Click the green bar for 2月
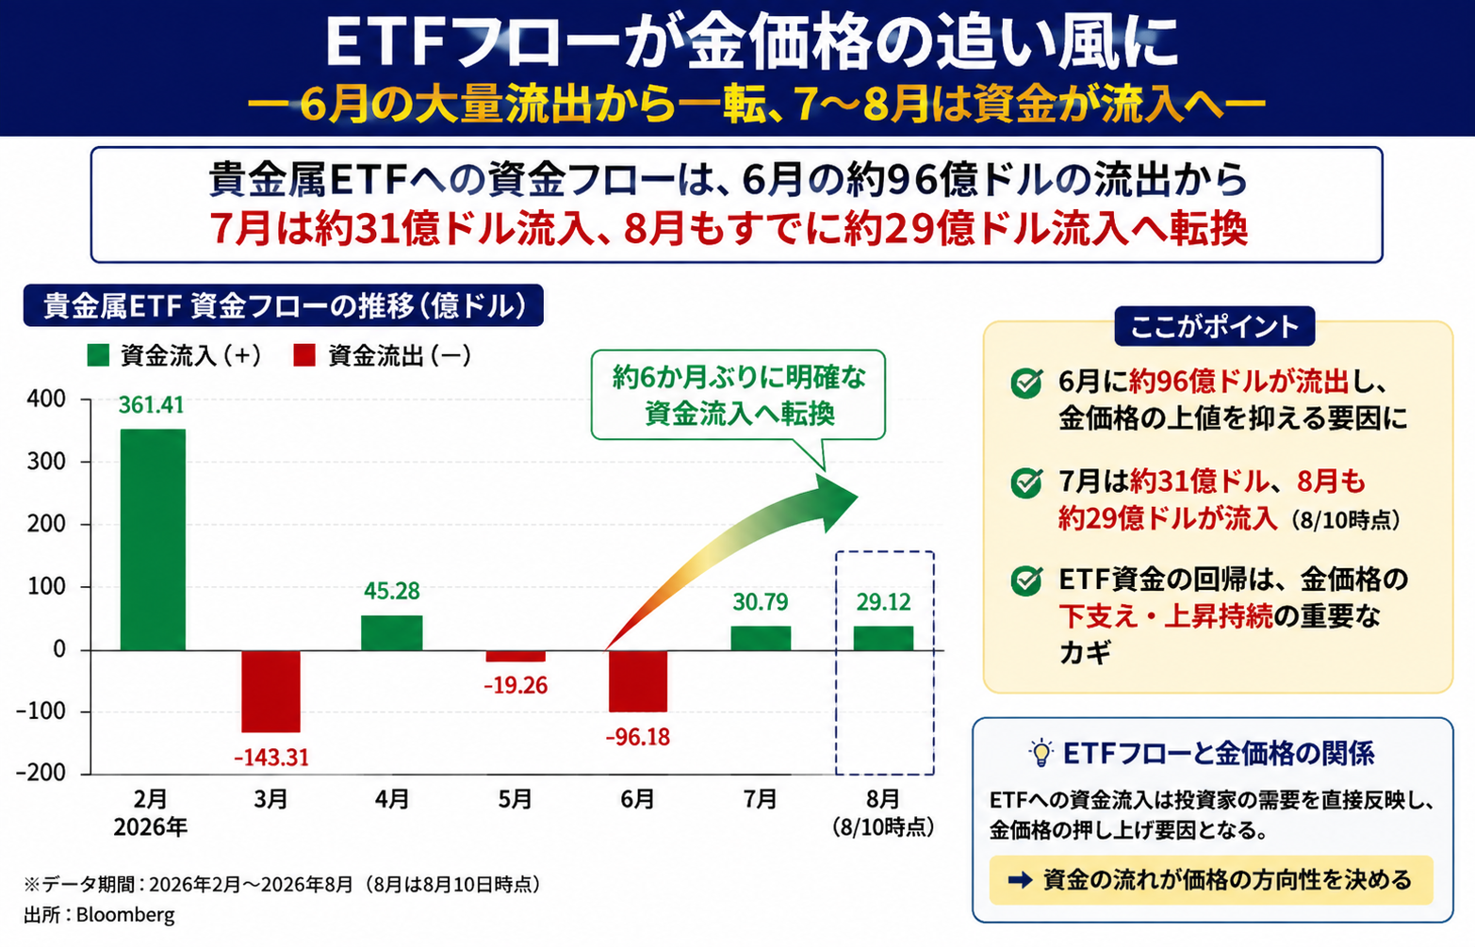pyautogui.click(x=153, y=539)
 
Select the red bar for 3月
pyautogui.click(x=270, y=691)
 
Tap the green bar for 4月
pyautogui.click(x=392, y=633)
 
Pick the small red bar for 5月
pyautogui.click(x=516, y=656)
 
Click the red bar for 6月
pyautogui.click(x=637, y=681)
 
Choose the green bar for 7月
pyautogui.click(x=761, y=638)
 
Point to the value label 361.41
pyautogui.click(x=152, y=404)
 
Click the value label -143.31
pyautogui.click(x=271, y=758)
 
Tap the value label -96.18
pyautogui.click(x=637, y=737)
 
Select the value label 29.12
pyautogui.click(x=884, y=601)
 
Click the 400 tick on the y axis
pyautogui.click(x=46, y=399)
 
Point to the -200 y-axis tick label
pyautogui.click(x=41, y=772)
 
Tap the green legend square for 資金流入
pyautogui.click(x=98, y=355)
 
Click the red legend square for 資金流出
pyautogui.click(x=304, y=355)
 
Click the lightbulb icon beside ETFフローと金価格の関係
pyautogui.click(x=1041, y=754)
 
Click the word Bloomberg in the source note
pyautogui.click(x=125, y=915)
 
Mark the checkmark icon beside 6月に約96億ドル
pyautogui.click(x=1026, y=384)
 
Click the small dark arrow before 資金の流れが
pyautogui.click(x=1020, y=880)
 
